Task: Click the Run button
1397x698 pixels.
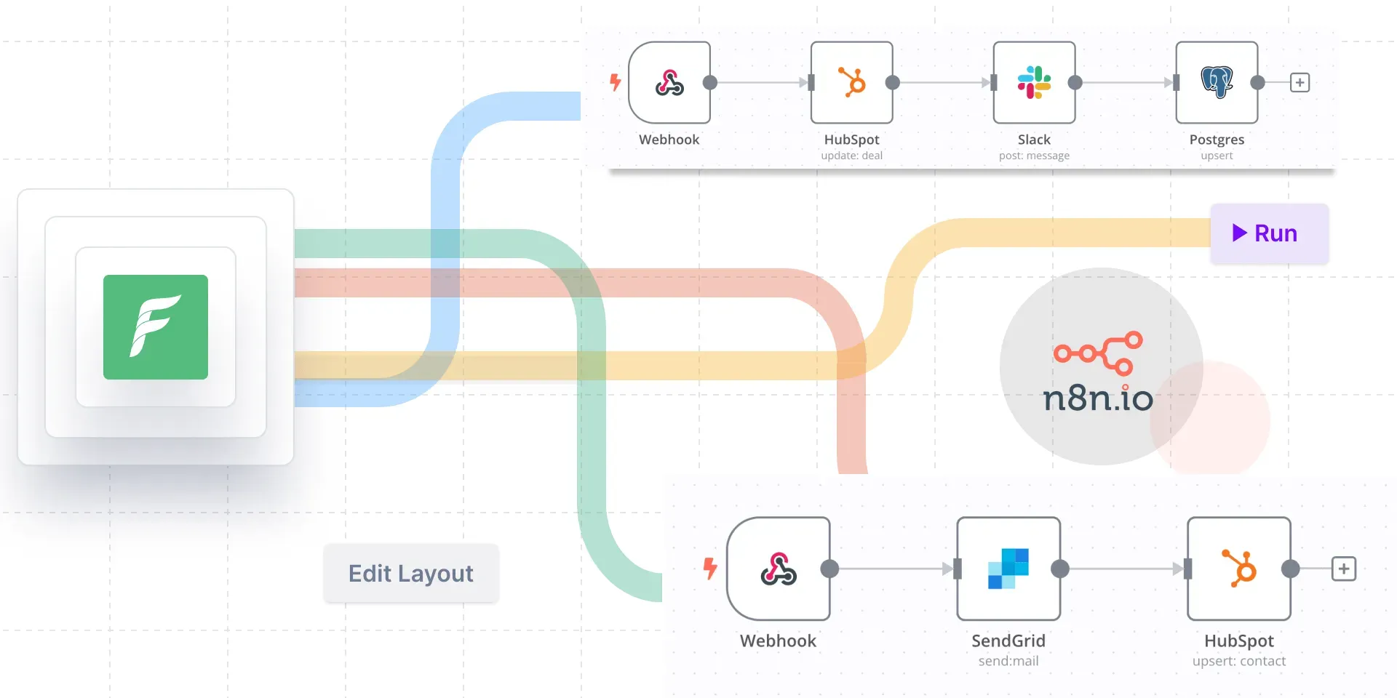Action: point(1269,233)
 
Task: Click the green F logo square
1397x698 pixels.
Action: point(156,327)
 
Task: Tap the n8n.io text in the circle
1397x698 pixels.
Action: point(1097,398)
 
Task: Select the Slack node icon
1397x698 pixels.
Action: point(1034,82)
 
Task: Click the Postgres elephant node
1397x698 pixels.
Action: point(1217,82)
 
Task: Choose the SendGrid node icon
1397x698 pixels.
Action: point(1008,569)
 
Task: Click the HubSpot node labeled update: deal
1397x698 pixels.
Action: point(851,82)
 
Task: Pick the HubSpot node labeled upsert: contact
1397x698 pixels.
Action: point(1239,569)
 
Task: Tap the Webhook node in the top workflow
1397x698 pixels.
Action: point(669,82)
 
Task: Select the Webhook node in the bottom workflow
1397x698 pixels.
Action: point(779,569)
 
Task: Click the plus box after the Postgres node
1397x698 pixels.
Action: point(1300,82)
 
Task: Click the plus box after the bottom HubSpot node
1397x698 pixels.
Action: point(1344,569)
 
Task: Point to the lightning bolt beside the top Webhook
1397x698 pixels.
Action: point(616,82)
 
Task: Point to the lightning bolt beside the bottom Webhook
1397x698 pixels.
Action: point(710,568)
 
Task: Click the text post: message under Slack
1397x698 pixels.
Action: point(1034,156)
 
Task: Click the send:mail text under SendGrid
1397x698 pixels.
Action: point(1008,661)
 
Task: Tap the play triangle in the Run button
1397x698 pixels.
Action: point(1239,233)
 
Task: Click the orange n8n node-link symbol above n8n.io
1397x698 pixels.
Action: point(1099,353)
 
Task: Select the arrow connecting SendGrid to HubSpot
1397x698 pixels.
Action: point(1124,569)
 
